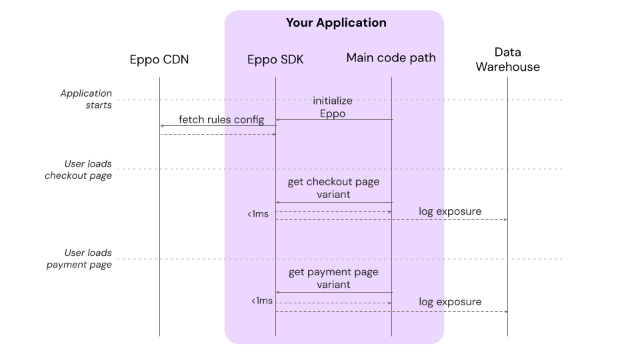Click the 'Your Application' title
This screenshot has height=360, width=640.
pos(336,23)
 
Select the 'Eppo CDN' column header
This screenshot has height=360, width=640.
pos(159,59)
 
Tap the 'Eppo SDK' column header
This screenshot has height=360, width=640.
pos(275,59)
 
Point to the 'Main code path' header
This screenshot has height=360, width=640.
pos(391,58)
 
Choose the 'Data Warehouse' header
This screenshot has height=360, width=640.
pos(507,59)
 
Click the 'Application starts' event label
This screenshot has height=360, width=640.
pos(86,99)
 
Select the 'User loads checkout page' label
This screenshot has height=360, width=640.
pos(78,169)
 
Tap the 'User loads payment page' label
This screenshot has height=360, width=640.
pos(79,259)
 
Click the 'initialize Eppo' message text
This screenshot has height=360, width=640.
pos(333,107)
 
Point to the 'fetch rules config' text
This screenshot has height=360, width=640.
pos(221,120)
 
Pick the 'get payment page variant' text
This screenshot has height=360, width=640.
pos(333,278)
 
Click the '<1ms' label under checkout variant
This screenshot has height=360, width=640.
pos(258,214)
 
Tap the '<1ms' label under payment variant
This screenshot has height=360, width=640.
pos(262,301)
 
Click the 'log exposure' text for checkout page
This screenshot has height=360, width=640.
pos(450,212)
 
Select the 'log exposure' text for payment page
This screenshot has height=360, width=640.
pos(450,302)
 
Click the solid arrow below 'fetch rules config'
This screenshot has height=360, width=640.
pos(217,126)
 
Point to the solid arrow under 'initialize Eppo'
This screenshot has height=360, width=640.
pos(333,119)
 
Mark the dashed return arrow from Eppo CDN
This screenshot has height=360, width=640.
pos(217,134)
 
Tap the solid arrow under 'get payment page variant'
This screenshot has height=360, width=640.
pos(333,292)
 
